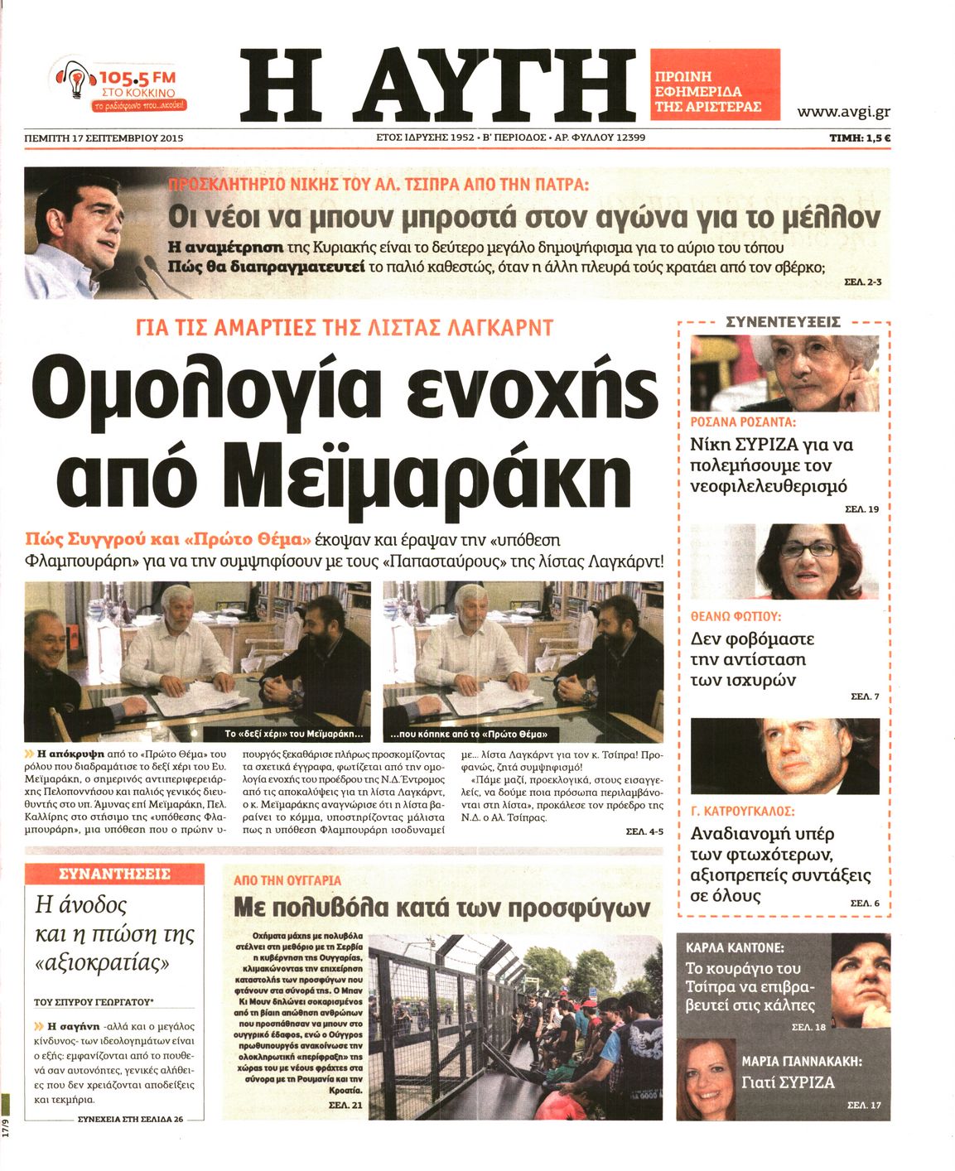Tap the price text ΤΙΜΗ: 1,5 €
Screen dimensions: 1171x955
[859, 138]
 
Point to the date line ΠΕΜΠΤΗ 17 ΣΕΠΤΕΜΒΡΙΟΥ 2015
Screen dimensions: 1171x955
[104, 138]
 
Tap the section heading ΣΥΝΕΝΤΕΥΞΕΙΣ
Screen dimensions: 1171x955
[783, 321]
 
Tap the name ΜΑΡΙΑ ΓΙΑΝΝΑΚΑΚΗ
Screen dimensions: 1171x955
[802, 1061]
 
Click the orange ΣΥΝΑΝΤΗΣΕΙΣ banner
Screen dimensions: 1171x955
[114, 874]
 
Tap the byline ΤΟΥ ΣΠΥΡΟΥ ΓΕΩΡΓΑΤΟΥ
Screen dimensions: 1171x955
[99, 1001]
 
